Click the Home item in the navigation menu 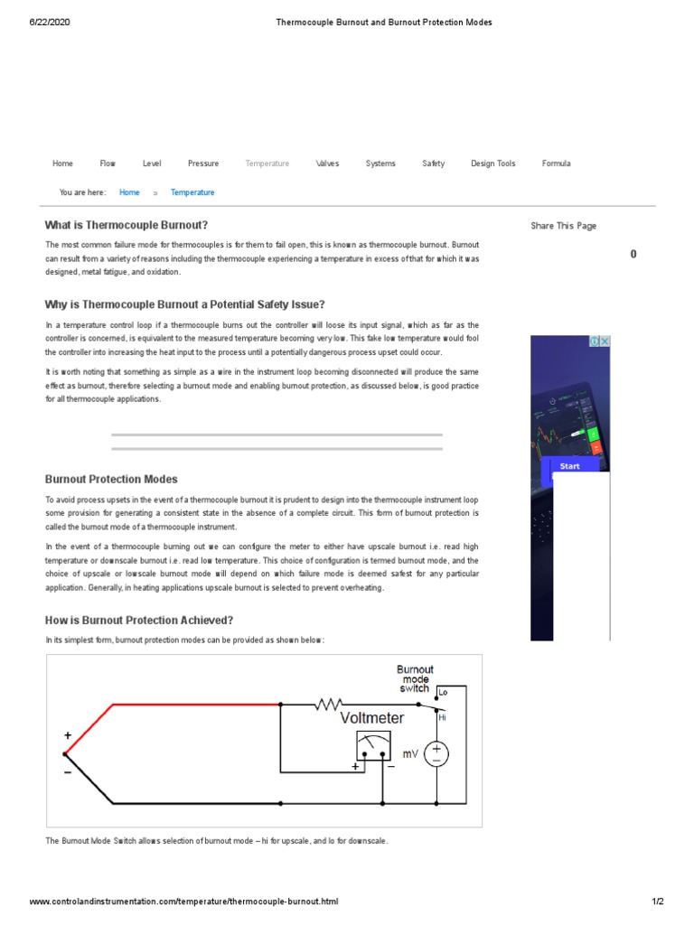point(62,164)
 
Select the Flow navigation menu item point(108,164)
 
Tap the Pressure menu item point(203,164)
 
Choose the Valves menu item point(327,164)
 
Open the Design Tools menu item point(492,164)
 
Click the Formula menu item point(556,164)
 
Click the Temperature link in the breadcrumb point(192,192)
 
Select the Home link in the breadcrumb point(129,192)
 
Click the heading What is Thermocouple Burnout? point(127,225)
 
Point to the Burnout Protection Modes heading point(111,480)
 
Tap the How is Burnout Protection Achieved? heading point(139,621)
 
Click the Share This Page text point(563,226)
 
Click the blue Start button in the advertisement point(570,466)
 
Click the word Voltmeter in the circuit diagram point(372,719)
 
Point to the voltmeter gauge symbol point(373,746)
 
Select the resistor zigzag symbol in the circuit point(330,704)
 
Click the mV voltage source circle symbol point(436,754)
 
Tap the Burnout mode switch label point(415,678)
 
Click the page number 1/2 point(658,902)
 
